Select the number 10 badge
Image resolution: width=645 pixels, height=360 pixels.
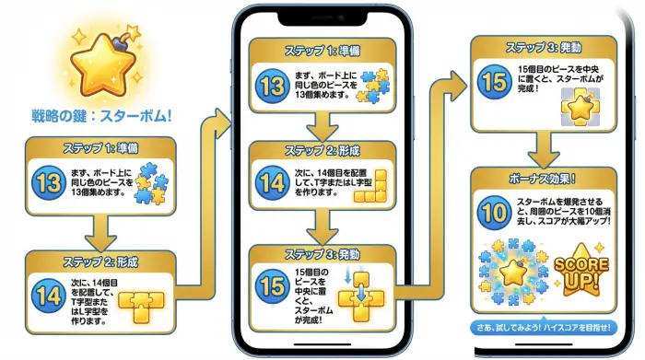[x=493, y=212]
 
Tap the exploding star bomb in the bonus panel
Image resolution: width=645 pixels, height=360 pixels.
[x=509, y=273]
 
